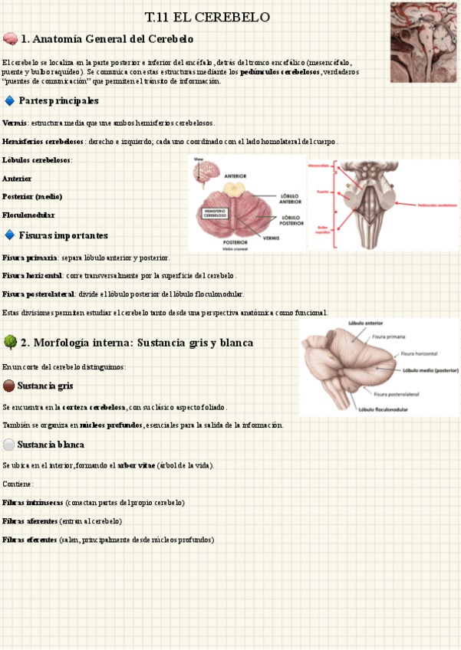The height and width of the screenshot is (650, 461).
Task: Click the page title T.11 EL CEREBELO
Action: click(x=207, y=17)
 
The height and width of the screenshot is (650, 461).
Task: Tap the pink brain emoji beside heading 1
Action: click(x=10, y=38)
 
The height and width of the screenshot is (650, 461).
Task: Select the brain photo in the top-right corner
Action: click(x=423, y=41)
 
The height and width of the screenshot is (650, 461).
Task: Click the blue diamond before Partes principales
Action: click(x=9, y=100)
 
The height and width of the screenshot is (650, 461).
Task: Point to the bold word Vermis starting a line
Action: click(x=15, y=123)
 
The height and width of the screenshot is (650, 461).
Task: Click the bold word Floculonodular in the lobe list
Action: click(x=28, y=215)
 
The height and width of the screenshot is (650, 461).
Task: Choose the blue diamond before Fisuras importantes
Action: click(x=9, y=235)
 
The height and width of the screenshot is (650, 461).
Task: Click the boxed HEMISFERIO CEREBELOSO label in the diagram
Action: click(x=220, y=213)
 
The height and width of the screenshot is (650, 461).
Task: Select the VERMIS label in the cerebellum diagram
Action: click(x=272, y=238)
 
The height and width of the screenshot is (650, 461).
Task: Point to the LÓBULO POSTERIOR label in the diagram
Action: click(x=291, y=221)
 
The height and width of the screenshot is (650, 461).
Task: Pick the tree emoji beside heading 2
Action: click(x=10, y=342)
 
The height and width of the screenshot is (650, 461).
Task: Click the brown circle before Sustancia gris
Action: click(x=8, y=386)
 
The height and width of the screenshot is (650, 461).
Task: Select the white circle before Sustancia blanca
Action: click(x=8, y=445)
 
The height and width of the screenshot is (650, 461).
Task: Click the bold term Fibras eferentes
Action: click(x=29, y=540)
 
